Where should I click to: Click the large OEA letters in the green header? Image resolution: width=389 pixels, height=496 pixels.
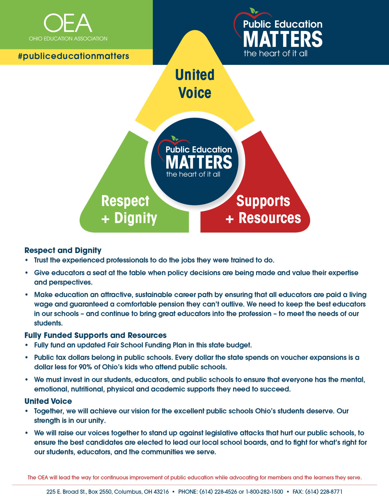point(68,23)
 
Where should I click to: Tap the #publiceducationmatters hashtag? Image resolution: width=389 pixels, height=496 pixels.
point(73,56)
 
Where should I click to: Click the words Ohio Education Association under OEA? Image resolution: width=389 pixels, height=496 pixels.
point(68,39)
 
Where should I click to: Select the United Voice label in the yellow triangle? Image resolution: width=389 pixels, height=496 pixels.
point(195,84)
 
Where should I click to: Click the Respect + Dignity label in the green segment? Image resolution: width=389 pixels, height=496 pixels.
point(129,209)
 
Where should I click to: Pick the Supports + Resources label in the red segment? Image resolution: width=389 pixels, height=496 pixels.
point(263,209)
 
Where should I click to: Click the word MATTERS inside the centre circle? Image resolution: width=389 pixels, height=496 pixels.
point(199,162)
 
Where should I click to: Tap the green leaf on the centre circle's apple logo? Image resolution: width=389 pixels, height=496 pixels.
point(175,138)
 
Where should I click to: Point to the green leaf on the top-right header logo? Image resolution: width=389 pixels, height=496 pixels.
point(254,10)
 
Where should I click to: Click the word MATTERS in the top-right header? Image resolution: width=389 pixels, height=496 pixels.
point(283,39)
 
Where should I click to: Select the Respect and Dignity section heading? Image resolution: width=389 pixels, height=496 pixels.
point(63,251)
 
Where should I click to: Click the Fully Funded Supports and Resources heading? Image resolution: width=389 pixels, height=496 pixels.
point(95,335)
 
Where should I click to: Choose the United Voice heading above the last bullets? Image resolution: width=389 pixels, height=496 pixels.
point(48,401)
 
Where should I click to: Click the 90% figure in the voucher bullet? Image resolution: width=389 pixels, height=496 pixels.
point(85,367)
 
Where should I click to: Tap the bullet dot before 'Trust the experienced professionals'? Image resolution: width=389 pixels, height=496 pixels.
point(27,260)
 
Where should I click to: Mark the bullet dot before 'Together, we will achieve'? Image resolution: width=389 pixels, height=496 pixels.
point(27,411)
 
